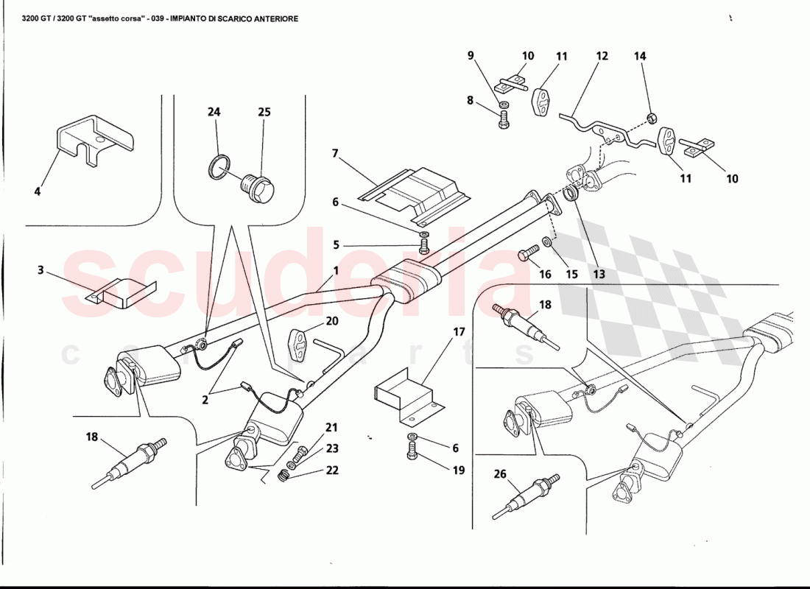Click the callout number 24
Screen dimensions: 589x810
coord(214,112)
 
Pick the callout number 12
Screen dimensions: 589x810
coord(602,56)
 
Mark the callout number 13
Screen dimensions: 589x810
coord(599,275)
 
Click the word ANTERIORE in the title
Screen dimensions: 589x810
coord(271,18)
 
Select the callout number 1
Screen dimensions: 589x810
coord(336,270)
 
